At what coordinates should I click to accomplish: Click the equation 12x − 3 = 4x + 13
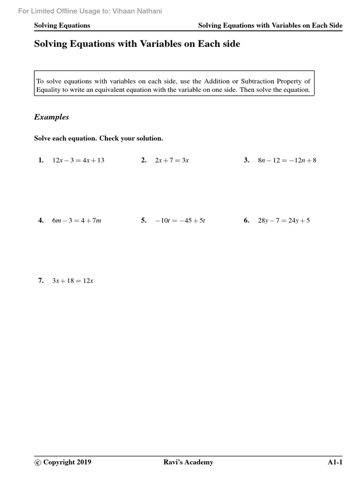click(x=78, y=160)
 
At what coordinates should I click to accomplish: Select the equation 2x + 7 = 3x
click(x=172, y=160)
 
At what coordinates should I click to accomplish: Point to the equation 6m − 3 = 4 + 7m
click(x=76, y=220)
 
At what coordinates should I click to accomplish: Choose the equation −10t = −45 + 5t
click(x=180, y=220)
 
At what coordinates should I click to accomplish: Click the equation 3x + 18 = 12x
click(x=73, y=280)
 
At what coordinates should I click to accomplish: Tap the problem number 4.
click(x=41, y=220)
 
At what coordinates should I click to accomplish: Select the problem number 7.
click(x=41, y=280)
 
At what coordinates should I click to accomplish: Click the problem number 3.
click(x=246, y=160)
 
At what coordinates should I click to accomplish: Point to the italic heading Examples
click(x=52, y=117)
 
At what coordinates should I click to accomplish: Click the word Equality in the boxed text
click(x=47, y=90)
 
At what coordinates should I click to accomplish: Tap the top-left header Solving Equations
click(x=62, y=25)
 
